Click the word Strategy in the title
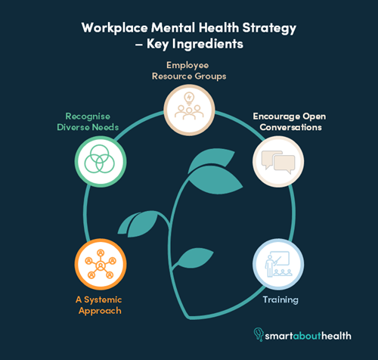(269, 28)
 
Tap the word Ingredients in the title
(208, 45)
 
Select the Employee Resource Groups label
(189, 70)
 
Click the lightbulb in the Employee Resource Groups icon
(189, 98)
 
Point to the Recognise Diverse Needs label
(88, 122)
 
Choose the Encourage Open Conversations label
(290, 122)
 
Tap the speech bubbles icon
(278, 162)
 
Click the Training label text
(280, 300)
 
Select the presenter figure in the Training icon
(270, 265)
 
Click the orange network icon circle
(101, 264)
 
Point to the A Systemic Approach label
(99, 306)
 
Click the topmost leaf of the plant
(211, 159)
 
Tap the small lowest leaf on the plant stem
(194, 258)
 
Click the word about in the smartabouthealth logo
(307, 336)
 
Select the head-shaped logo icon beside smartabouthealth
(259, 334)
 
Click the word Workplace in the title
(115, 28)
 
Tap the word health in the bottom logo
(336, 336)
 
